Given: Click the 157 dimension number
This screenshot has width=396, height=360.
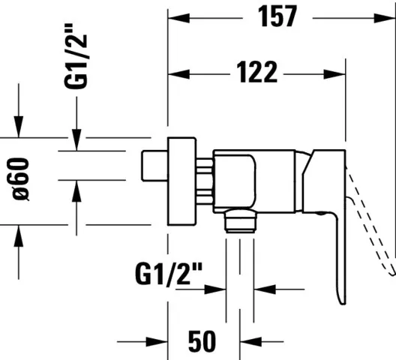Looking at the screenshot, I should [277, 16].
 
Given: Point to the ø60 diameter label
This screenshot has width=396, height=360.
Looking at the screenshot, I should [21, 180].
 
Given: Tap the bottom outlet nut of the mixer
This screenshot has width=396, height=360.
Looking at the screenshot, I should [240, 219].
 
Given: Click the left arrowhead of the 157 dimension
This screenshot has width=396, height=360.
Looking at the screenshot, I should [176, 16].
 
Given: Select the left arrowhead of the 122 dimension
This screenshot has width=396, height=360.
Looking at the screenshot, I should [176, 73].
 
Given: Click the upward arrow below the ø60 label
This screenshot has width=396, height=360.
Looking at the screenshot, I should [19, 234].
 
